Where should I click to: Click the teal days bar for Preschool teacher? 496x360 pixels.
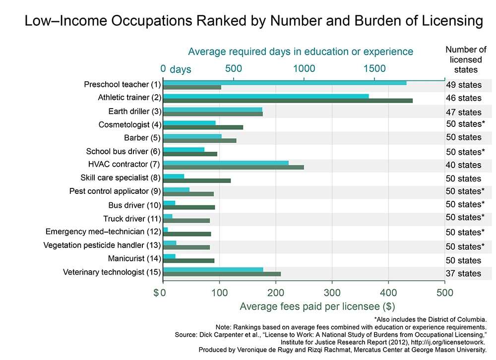pyautogui.click(x=285, y=82)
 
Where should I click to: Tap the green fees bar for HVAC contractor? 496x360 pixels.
pyautogui.click(x=233, y=167)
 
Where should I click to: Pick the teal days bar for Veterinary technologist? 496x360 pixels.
pyautogui.click(x=213, y=269)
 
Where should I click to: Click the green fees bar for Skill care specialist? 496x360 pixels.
pyautogui.click(x=197, y=180)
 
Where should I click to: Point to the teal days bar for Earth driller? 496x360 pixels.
pyautogui.click(x=212, y=110)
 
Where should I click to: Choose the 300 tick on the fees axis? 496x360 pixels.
pyautogui.click(x=332, y=293)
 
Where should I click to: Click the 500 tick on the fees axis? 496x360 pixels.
pyautogui.click(x=445, y=293)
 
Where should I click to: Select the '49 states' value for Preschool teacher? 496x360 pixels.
pyautogui.click(x=463, y=84)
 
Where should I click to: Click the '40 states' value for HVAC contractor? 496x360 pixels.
pyautogui.click(x=463, y=165)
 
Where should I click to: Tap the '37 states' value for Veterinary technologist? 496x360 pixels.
pyautogui.click(x=463, y=273)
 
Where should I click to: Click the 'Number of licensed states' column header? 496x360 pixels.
pyautogui.click(x=466, y=60)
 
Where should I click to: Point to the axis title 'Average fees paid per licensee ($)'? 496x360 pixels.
pyautogui.click(x=317, y=306)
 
